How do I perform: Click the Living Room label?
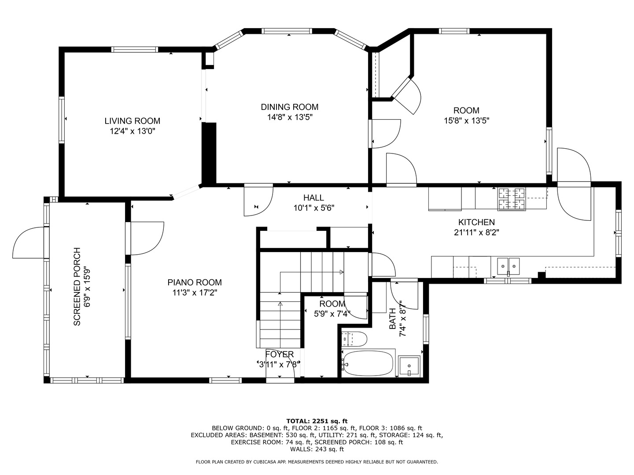click(x=132, y=121)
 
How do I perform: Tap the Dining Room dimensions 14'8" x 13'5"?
click(x=289, y=117)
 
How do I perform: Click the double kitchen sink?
click(x=508, y=266)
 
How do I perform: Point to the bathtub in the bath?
click(x=368, y=363)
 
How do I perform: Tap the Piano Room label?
click(x=194, y=282)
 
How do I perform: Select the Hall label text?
click(x=313, y=198)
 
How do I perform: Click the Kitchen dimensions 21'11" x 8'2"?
click(x=476, y=232)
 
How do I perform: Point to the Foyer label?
click(x=279, y=354)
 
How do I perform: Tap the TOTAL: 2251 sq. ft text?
click(x=317, y=421)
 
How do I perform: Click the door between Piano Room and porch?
click(x=145, y=238)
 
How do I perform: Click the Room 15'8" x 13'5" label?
click(x=466, y=110)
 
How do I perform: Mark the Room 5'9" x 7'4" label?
click(x=332, y=304)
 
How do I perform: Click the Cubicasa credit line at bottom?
click(x=317, y=462)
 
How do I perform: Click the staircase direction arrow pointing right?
click(x=341, y=272)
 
